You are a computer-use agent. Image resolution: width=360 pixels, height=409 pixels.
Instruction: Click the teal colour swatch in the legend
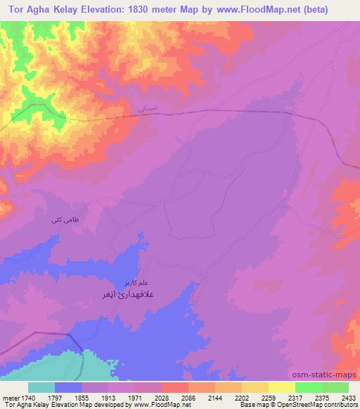click(x=41, y=387)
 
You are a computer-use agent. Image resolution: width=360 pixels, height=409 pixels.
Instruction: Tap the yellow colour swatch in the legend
click(x=281, y=387)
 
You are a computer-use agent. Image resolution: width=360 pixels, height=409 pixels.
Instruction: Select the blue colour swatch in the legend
click(x=68, y=387)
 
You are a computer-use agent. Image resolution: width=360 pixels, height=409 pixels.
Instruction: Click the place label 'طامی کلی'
click(x=60, y=221)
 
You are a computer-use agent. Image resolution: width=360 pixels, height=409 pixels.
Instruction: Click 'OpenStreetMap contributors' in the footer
click(x=320, y=405)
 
